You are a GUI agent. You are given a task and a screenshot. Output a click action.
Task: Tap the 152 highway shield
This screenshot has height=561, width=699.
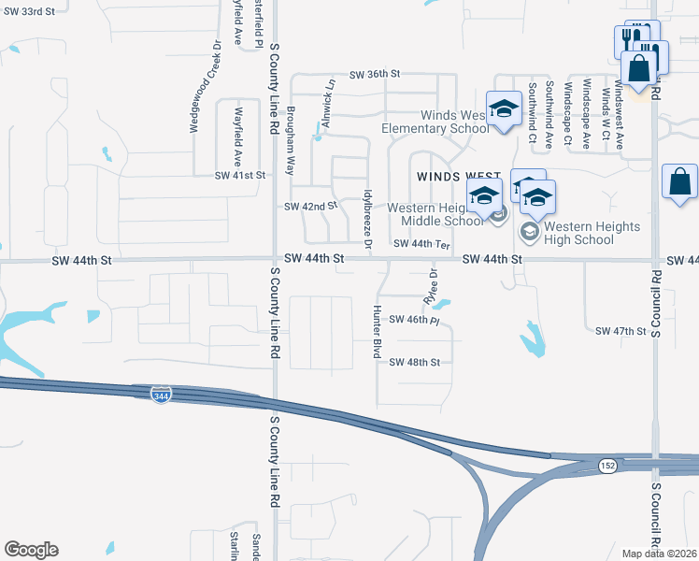[608, 466]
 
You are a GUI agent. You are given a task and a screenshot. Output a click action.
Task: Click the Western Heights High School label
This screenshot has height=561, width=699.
[592, 234]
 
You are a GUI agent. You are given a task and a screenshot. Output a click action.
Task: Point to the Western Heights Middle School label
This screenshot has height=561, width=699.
[435, 214]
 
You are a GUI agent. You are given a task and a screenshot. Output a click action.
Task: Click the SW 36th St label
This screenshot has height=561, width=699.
[375, 74]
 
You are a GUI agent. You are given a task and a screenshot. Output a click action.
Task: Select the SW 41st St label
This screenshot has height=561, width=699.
[240, 175]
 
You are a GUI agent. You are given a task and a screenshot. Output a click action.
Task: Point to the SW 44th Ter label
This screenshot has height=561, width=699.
[422, 244]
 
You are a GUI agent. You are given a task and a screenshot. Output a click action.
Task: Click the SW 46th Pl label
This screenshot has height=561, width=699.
[413, 320]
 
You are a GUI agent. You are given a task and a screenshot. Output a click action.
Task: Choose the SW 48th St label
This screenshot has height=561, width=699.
[414, 362]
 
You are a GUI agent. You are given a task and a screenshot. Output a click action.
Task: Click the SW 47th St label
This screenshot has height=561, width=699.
[621, 331]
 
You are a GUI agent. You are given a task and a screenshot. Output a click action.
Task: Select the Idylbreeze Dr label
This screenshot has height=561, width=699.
[368, 218]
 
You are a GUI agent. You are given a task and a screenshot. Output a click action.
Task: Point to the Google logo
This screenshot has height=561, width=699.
[31, 550]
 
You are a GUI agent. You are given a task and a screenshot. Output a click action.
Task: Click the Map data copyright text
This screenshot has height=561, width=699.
[660, 554]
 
